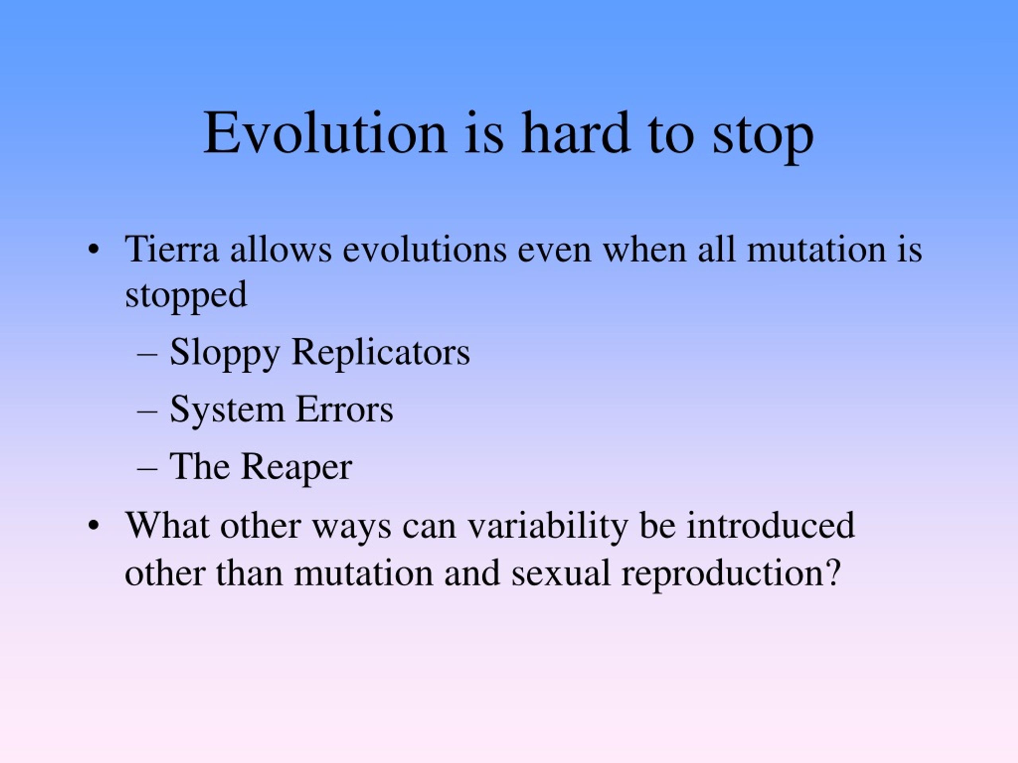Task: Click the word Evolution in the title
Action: coord(325,132)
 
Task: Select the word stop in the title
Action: coord(763,137)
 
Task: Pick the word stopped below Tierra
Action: coord(187,296)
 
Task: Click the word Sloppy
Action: coord(225,354)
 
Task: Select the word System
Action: coord(227,410)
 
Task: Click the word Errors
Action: coord(345,409)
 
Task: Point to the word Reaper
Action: coord(297,468)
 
